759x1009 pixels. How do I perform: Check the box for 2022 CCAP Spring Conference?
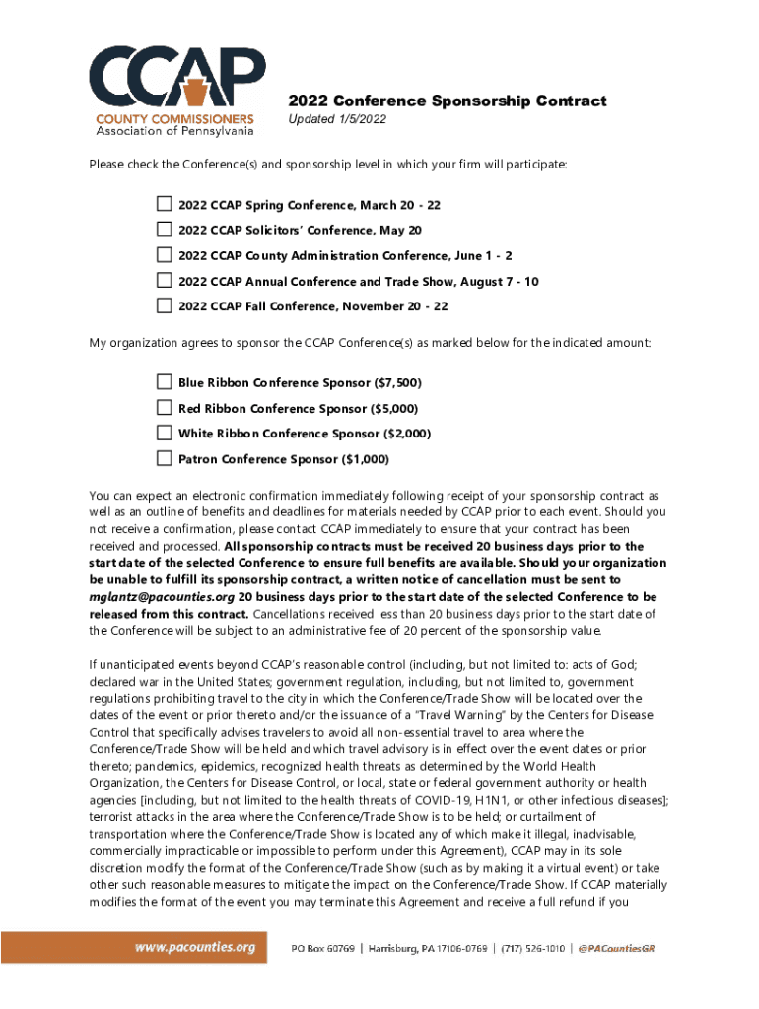pos(164,204)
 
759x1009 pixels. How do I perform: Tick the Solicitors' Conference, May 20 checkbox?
pos(164,230)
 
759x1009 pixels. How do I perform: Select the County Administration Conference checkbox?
pos(164,255)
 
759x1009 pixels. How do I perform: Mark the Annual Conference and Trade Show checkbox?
pos(164,281)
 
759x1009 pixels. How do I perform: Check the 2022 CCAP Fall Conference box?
pos(164,306)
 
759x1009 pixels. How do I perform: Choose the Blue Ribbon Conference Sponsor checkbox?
pos(164,381)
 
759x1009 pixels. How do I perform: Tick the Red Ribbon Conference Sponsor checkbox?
pos(164,407)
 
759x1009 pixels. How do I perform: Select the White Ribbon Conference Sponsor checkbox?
pos(164,433)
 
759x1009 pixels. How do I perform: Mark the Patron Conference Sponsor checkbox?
pos(164,458)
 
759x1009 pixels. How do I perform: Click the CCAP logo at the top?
pos(174,89)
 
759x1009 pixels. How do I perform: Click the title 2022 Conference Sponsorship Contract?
pos(447,101)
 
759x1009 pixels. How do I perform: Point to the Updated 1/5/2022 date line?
pos(337,120)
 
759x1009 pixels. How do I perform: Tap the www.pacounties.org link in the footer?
pos(195,948)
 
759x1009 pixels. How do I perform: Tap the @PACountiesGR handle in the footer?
pos(617,949)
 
